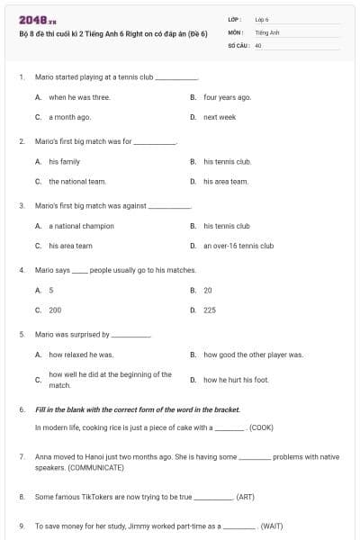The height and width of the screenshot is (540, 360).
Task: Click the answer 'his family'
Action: [x=64, y=161]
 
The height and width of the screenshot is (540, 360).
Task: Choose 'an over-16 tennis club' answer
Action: [x=238, y=246]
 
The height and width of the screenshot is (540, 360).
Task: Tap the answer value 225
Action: [x=210, y=310]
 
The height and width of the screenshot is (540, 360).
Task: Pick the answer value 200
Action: [x=55, y=310]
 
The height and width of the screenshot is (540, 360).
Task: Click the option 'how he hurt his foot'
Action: [x=236, y=380]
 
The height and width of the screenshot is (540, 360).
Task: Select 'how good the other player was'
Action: [x=253, y=355]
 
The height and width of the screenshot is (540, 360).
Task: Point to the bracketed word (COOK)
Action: [x=261, y=427]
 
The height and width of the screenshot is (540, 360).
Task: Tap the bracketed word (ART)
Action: [x=245, y=496]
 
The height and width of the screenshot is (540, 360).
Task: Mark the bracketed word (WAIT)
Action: [x=272, y=525]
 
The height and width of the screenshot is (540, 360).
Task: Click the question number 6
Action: [x=22, y=409]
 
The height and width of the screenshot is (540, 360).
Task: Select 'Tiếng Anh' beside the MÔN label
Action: [x=267, y=31]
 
